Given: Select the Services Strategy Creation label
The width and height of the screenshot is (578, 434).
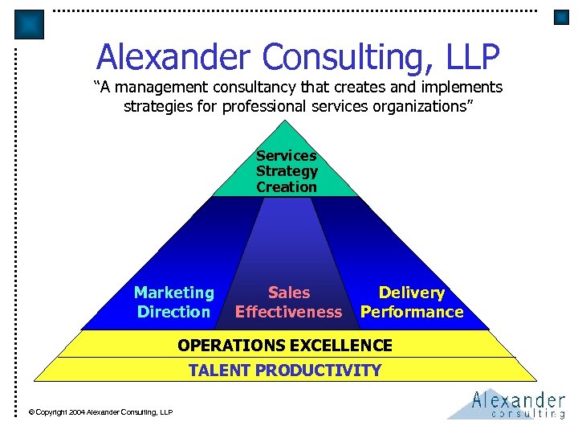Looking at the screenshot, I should click(x=287, y=171).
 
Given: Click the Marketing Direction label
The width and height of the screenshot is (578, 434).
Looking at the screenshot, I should click(x=174, y=302).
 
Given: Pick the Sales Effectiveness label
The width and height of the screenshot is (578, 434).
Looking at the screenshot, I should click(x=288, y=302).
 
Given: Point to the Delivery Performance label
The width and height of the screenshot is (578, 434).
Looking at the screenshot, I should click(x=412, y=302).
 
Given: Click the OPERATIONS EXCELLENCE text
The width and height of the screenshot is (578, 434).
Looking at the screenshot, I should click(x=285, y=346).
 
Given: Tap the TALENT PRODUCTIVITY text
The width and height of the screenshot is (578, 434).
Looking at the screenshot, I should click(x=285, y=371).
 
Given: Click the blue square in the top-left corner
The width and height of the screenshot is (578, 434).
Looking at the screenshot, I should click(x=30, y=24).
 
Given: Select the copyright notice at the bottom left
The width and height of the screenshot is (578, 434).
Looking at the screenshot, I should click(x=100, y=412).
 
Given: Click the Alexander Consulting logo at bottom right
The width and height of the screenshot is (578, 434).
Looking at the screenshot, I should click(x=509, y=403).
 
